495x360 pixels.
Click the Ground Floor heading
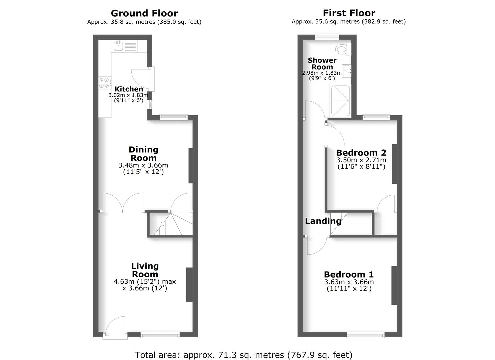click(144, 13)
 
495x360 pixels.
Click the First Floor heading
click(349, 13)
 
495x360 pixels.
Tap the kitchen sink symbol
click(118, 46)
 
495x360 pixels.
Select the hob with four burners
click(105, 83)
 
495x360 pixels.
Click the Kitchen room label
click(129, 89)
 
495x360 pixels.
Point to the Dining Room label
click(143, 154)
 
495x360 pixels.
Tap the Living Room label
click(145, 270)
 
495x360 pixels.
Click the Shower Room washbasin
click(347, 71)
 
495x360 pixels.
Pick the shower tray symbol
click(340, 101)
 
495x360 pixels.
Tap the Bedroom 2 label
click(361, 153)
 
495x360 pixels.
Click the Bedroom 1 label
click(349, 274)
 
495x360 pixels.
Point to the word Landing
click(323, 221)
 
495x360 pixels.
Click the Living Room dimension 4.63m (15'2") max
click(145, 281)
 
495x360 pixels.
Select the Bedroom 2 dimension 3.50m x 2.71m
click(361, 160)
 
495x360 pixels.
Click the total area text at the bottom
click(244, 355)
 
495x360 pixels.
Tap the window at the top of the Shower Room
click(327, 36)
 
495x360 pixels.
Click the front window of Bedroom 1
click(365, 335)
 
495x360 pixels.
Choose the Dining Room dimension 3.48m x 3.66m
click(143, 165)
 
